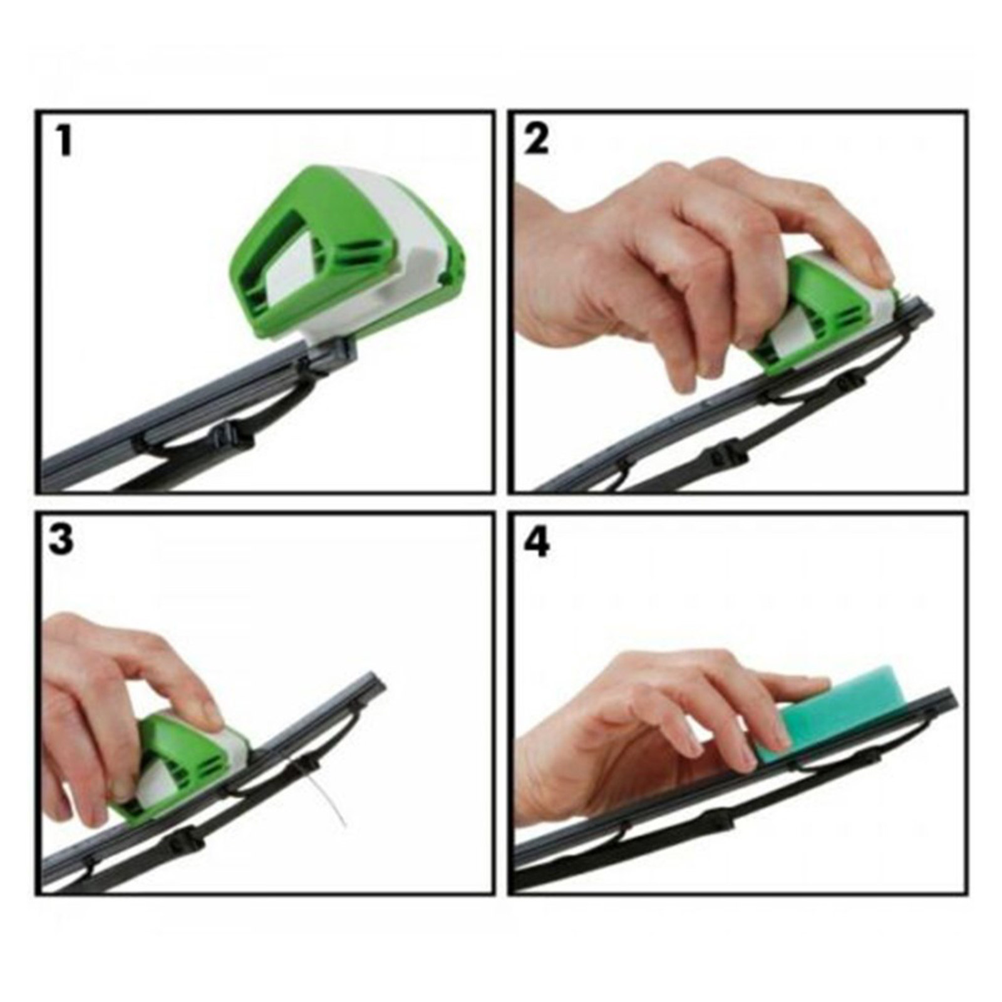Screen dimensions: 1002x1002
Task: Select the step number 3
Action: point(61,539)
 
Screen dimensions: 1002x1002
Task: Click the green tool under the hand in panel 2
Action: point(820,313)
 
